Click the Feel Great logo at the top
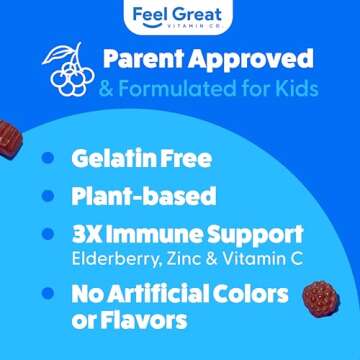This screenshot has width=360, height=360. click(x=180, y=16)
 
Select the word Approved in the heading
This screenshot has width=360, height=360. click(x=254, y=59)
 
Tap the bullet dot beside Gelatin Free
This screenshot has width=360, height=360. click(x=47, y=158)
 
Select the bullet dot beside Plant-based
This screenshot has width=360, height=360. click(x=47, y=197)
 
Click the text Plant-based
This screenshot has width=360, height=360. click(x=143, y=197)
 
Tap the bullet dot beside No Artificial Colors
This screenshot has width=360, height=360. click(x=47, y=296)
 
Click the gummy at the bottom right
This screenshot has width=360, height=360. click(x=322, y=298)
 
